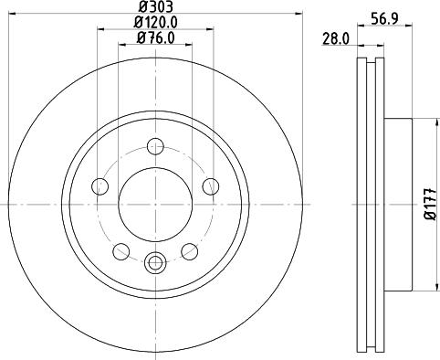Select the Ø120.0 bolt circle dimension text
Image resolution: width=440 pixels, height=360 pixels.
pyautogui.click(x=155, y=22)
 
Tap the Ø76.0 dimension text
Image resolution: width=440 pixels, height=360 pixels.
pyautogui.click(x=155, y=37)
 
